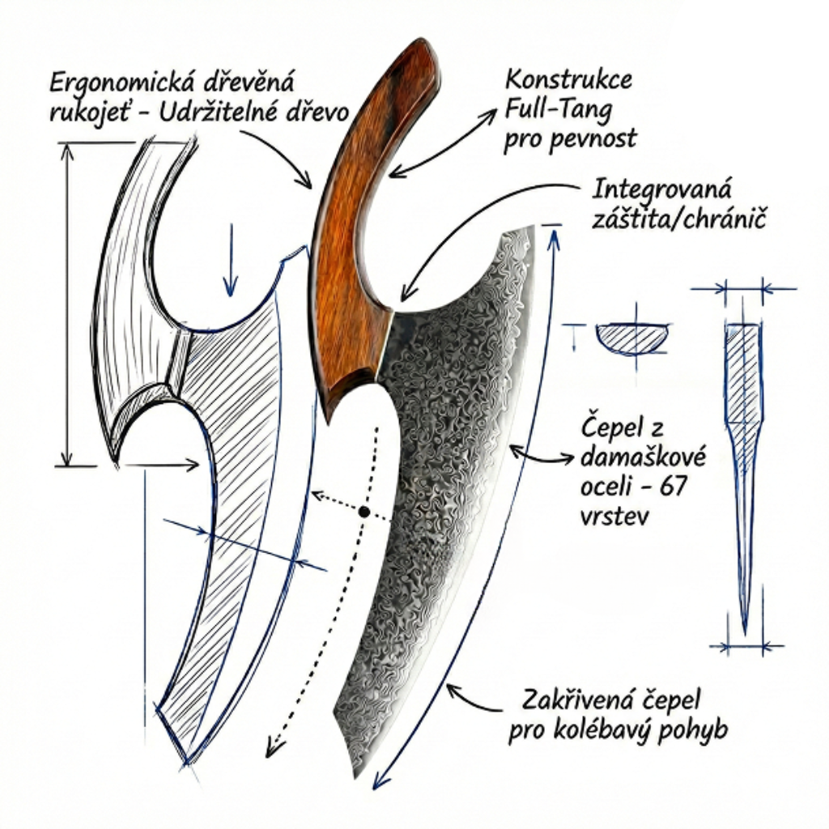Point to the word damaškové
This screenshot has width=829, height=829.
pyautogui.click(x=644, y=460)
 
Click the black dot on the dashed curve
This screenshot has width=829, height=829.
pyautogui.click(x=364, y=512)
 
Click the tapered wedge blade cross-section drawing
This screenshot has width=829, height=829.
pyautogui.click(x=743, y=453)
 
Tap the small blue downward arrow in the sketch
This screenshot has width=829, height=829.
pyautogui.click(x=232, y=259)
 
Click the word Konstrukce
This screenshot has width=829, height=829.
pyautogui.click(x=568, y=81)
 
